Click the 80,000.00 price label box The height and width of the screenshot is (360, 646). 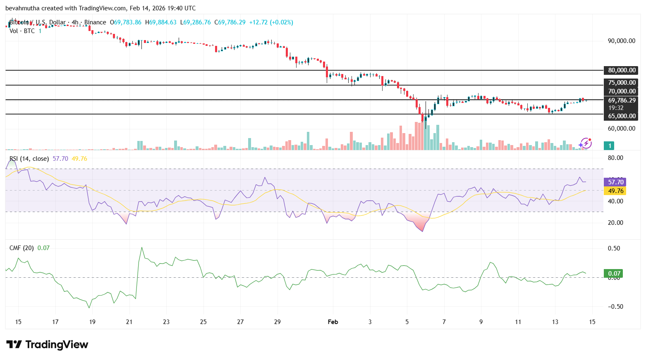[x=622, y=70]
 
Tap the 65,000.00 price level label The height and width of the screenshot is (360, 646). [x=622, y=116]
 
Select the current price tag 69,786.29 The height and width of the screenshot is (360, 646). [x=622, y=100]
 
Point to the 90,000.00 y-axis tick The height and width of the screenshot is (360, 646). [x=621, y=41]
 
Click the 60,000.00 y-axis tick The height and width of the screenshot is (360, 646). [x=621, y=129]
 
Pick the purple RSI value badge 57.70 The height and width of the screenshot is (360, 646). [x=615, y=182]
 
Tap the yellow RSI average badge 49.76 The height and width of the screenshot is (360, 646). [x=615, y=191]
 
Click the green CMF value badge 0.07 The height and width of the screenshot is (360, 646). [x=614, y=273]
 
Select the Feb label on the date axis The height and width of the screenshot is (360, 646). [x=333, y=322]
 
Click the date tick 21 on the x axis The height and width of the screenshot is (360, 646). [x=129, y=322]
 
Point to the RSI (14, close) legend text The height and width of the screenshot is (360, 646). [x=29, y=159]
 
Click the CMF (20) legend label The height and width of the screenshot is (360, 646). [x=22, y=248]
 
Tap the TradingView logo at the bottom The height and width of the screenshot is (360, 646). [x=47, y=345]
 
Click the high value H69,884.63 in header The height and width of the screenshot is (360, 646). [x=160, y=22]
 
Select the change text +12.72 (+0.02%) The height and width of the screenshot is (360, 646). [x=271, y=22]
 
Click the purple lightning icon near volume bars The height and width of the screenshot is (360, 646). [x=585, y=143]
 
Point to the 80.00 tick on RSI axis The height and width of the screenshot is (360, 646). [x=615, y=158]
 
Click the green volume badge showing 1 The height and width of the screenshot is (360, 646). [x=610, y=145]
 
